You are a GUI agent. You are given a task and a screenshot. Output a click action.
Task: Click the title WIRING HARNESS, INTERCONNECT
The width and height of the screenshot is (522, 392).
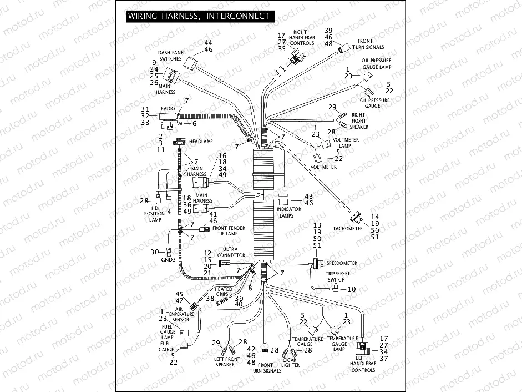point(199,16)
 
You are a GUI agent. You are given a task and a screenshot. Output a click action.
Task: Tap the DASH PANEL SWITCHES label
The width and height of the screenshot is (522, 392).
point(171,55)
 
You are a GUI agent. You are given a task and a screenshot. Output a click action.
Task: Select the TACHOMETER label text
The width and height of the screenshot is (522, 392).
point(348,229)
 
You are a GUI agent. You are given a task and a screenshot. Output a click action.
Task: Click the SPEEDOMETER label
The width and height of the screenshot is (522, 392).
point(342,263)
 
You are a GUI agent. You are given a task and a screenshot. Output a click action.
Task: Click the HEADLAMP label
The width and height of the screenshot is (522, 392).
point(201,142)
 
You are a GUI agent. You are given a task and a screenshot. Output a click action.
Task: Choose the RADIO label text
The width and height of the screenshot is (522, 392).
point(168,108)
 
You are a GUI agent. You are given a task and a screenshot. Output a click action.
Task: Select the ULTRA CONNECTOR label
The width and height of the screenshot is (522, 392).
point(231,252)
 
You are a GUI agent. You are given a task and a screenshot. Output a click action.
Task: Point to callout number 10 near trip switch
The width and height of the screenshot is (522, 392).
point(352,289)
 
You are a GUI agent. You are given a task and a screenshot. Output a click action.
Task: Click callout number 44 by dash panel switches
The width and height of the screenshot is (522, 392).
point(208,43)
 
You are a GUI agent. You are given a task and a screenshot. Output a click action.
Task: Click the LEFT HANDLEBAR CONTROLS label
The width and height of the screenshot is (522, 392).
point(363,366)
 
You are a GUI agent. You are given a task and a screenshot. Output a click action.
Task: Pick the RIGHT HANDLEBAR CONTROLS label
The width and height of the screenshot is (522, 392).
point(302,38)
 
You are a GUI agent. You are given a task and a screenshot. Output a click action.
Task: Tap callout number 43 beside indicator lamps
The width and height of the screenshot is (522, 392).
point(309,197)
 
